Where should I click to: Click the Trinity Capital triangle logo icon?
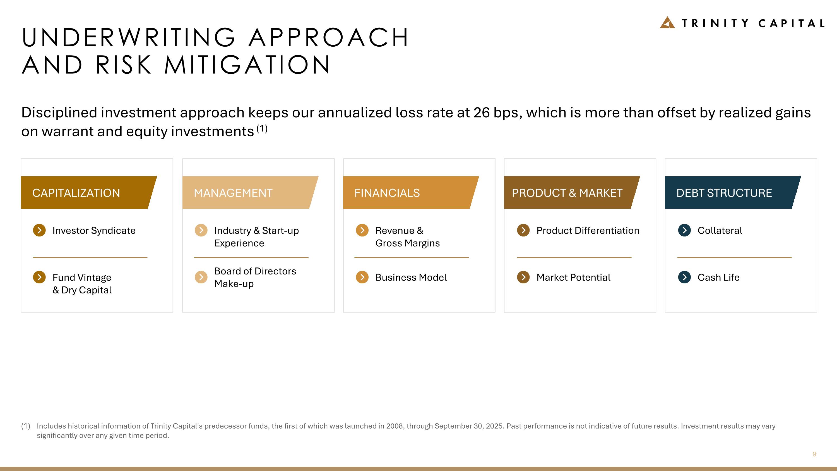click(x=667, y=23)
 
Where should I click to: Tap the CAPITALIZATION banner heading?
click(x=76, y=193)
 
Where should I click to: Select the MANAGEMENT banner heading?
click(x=233, y=193)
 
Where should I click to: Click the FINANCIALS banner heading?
click(x=387, y=193)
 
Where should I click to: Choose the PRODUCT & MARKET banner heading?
click(x=567, y=193)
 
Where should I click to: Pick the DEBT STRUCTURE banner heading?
click(x=724, y=193)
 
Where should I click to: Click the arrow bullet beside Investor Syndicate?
click(x=39, y=230)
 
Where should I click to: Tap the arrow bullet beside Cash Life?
click(x=684, y=277)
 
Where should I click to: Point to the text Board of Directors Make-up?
click(x=255, y=277)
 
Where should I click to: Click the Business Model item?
click(x=411, y=277)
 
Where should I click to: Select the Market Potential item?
click(x=573, y=277)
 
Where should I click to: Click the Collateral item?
click(x=720, y=230)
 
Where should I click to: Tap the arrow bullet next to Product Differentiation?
click(x=523, y=230)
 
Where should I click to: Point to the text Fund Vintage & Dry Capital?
click(x=82, y=283)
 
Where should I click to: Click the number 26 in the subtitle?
click(x=481, y=113)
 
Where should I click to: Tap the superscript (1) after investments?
click(x=262, y=129)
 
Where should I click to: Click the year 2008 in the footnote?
click(x=395, y=426)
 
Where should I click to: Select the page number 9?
click(x=814, y=454)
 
